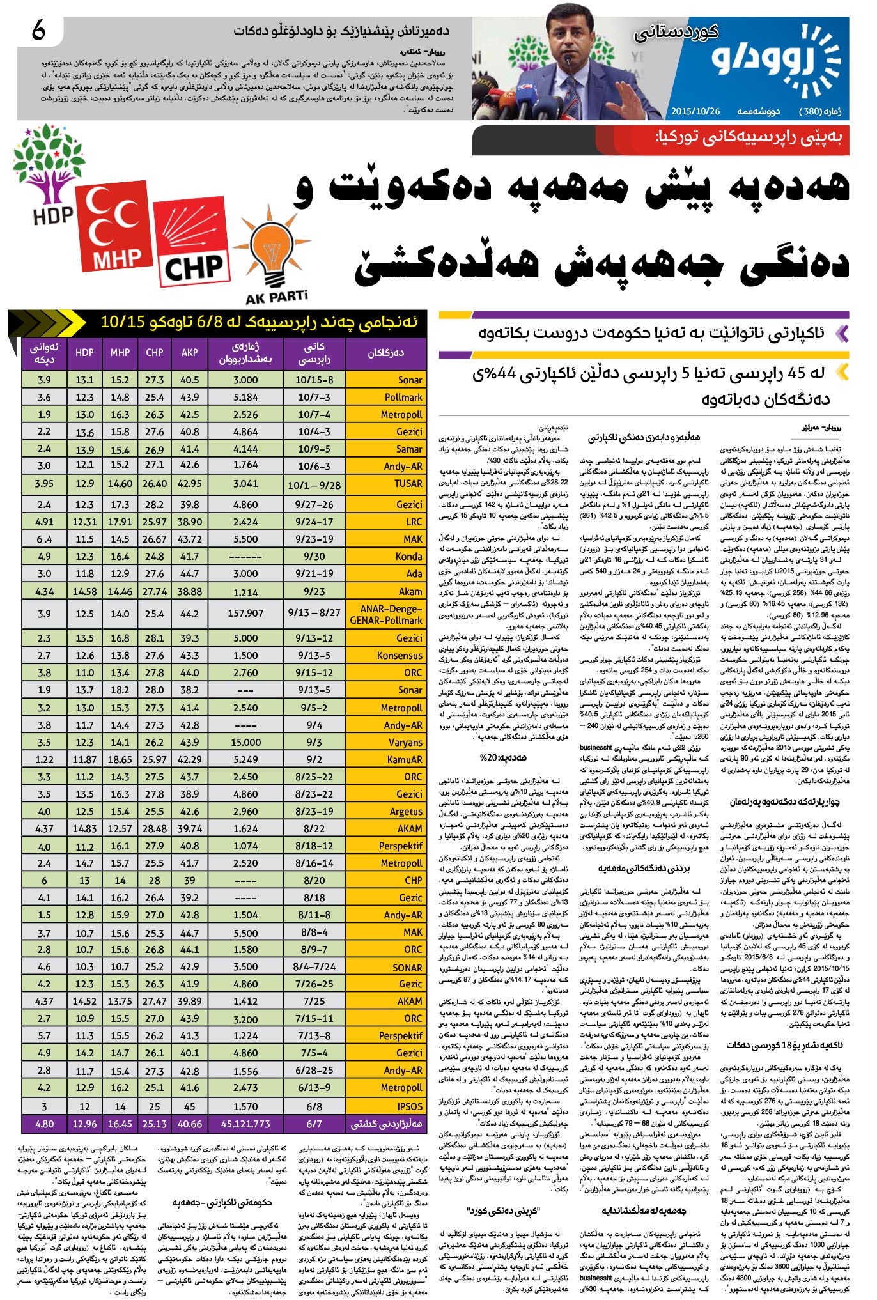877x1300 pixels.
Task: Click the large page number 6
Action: point(38,31)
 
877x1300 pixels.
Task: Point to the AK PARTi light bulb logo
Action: point(274,256)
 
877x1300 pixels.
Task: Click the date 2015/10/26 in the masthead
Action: point(695,111)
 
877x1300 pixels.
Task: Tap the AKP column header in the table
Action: point(190,352)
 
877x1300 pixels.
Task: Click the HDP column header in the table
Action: point(84,352)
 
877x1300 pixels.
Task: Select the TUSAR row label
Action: point(408,484)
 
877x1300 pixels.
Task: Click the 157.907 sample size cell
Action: point(245,613)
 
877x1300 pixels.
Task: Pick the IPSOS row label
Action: point(410,1106)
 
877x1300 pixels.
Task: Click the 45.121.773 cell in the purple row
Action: point(245,1123)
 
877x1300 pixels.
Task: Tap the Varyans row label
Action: point(405,743)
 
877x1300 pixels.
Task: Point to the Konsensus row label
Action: point(400,656)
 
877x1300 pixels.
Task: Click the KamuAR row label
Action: point(405,760)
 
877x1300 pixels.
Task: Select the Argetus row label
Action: point(406,812)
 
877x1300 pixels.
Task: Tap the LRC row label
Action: point(414,522)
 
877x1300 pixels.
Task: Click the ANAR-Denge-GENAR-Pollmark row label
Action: point(386,614)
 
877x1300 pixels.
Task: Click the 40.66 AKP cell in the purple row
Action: point(190,1123)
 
